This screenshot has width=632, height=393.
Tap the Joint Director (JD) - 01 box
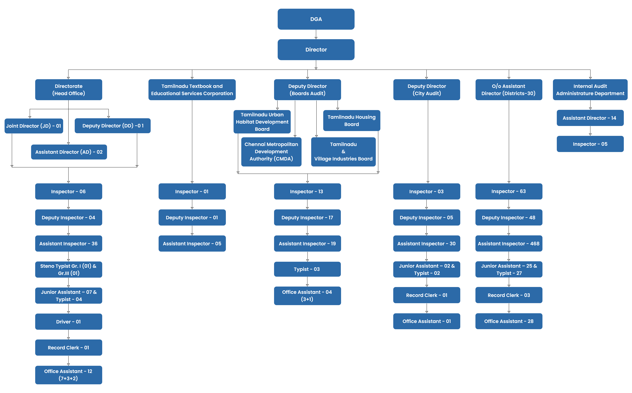click(x=34, y=126)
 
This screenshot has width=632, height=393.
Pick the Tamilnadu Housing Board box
click(x=352, y=121)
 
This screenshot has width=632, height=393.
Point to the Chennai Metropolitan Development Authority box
click(x=271, y=152)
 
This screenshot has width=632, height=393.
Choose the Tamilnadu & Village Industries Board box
click(x=343, y=152)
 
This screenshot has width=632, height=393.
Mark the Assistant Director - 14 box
click(x=590, y=118)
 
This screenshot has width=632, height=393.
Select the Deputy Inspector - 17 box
click(x=307, y=218)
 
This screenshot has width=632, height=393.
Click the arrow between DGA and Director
click(x=316, y=34)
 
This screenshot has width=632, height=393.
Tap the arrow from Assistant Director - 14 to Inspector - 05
click(x=590, y=131)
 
